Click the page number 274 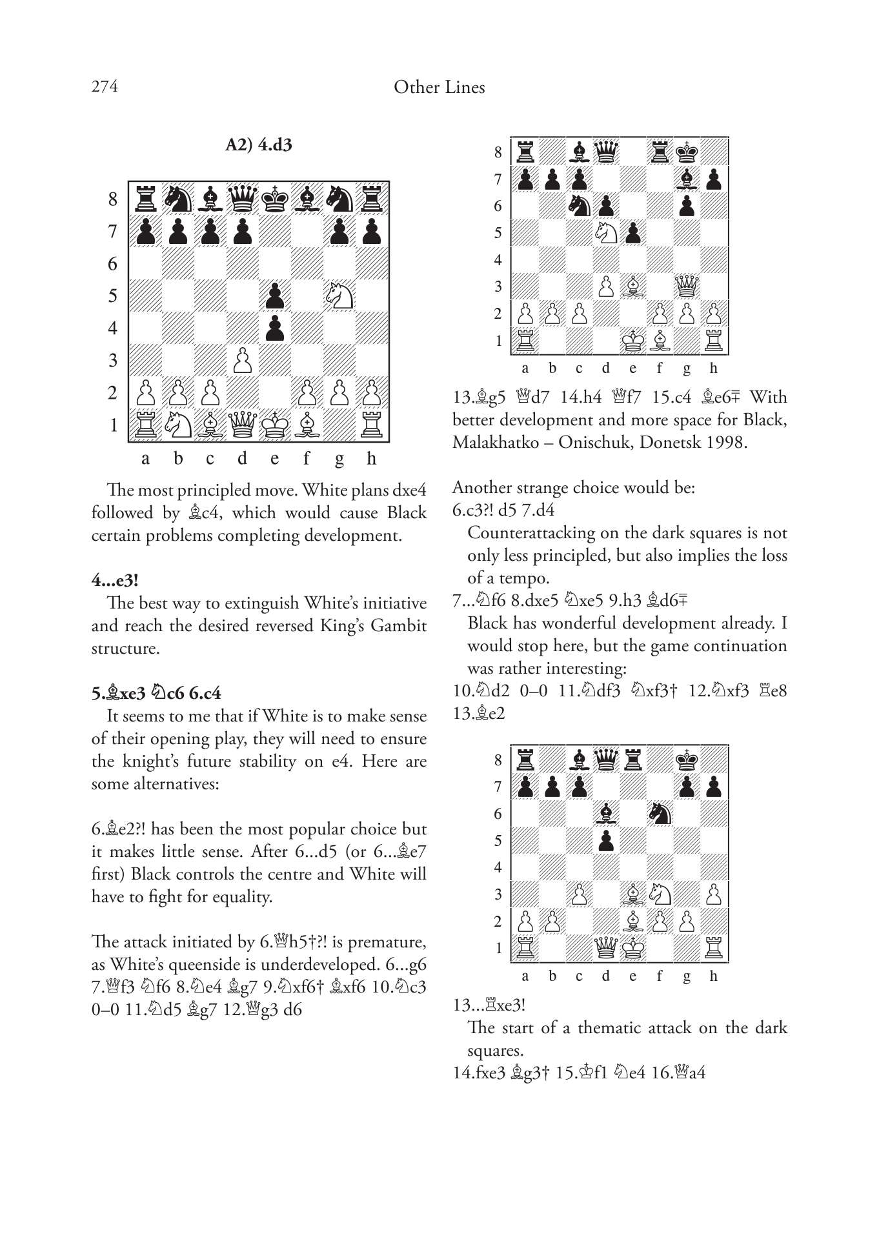[105, 86]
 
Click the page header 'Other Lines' [439, 87]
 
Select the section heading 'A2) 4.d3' [258, 145]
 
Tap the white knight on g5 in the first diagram [339, 296]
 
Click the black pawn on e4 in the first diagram [275, 328]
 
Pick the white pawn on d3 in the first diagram [242, 360]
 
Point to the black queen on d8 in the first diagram [242, 199]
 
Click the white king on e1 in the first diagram [275, 425]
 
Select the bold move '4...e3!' [115, 580]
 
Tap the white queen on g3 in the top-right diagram [687, 287]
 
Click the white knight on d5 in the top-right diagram [605, 233]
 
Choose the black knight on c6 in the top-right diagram [579, 206]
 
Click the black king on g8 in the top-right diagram [687, 152]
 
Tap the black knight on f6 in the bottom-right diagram [660, 814]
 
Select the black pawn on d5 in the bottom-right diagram [605, 841]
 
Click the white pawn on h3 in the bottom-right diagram [714, 894]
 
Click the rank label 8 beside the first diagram [113, 199]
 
